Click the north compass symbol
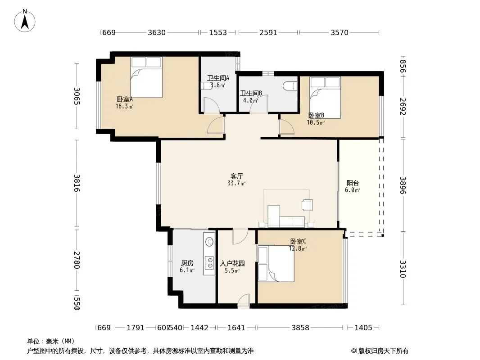25,21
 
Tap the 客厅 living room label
237,176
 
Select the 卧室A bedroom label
125,99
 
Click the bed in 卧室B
325,97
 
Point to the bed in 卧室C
276,263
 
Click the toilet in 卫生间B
290,86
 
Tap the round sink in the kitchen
210,242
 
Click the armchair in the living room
308,205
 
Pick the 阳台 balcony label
353,183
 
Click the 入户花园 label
232,263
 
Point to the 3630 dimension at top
157,32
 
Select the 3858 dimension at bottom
300,328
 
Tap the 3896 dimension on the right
403,185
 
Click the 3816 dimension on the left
77,183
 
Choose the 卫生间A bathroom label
218,78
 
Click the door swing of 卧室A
216,125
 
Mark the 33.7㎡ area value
236,183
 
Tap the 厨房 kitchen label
187,263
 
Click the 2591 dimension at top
268,32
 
